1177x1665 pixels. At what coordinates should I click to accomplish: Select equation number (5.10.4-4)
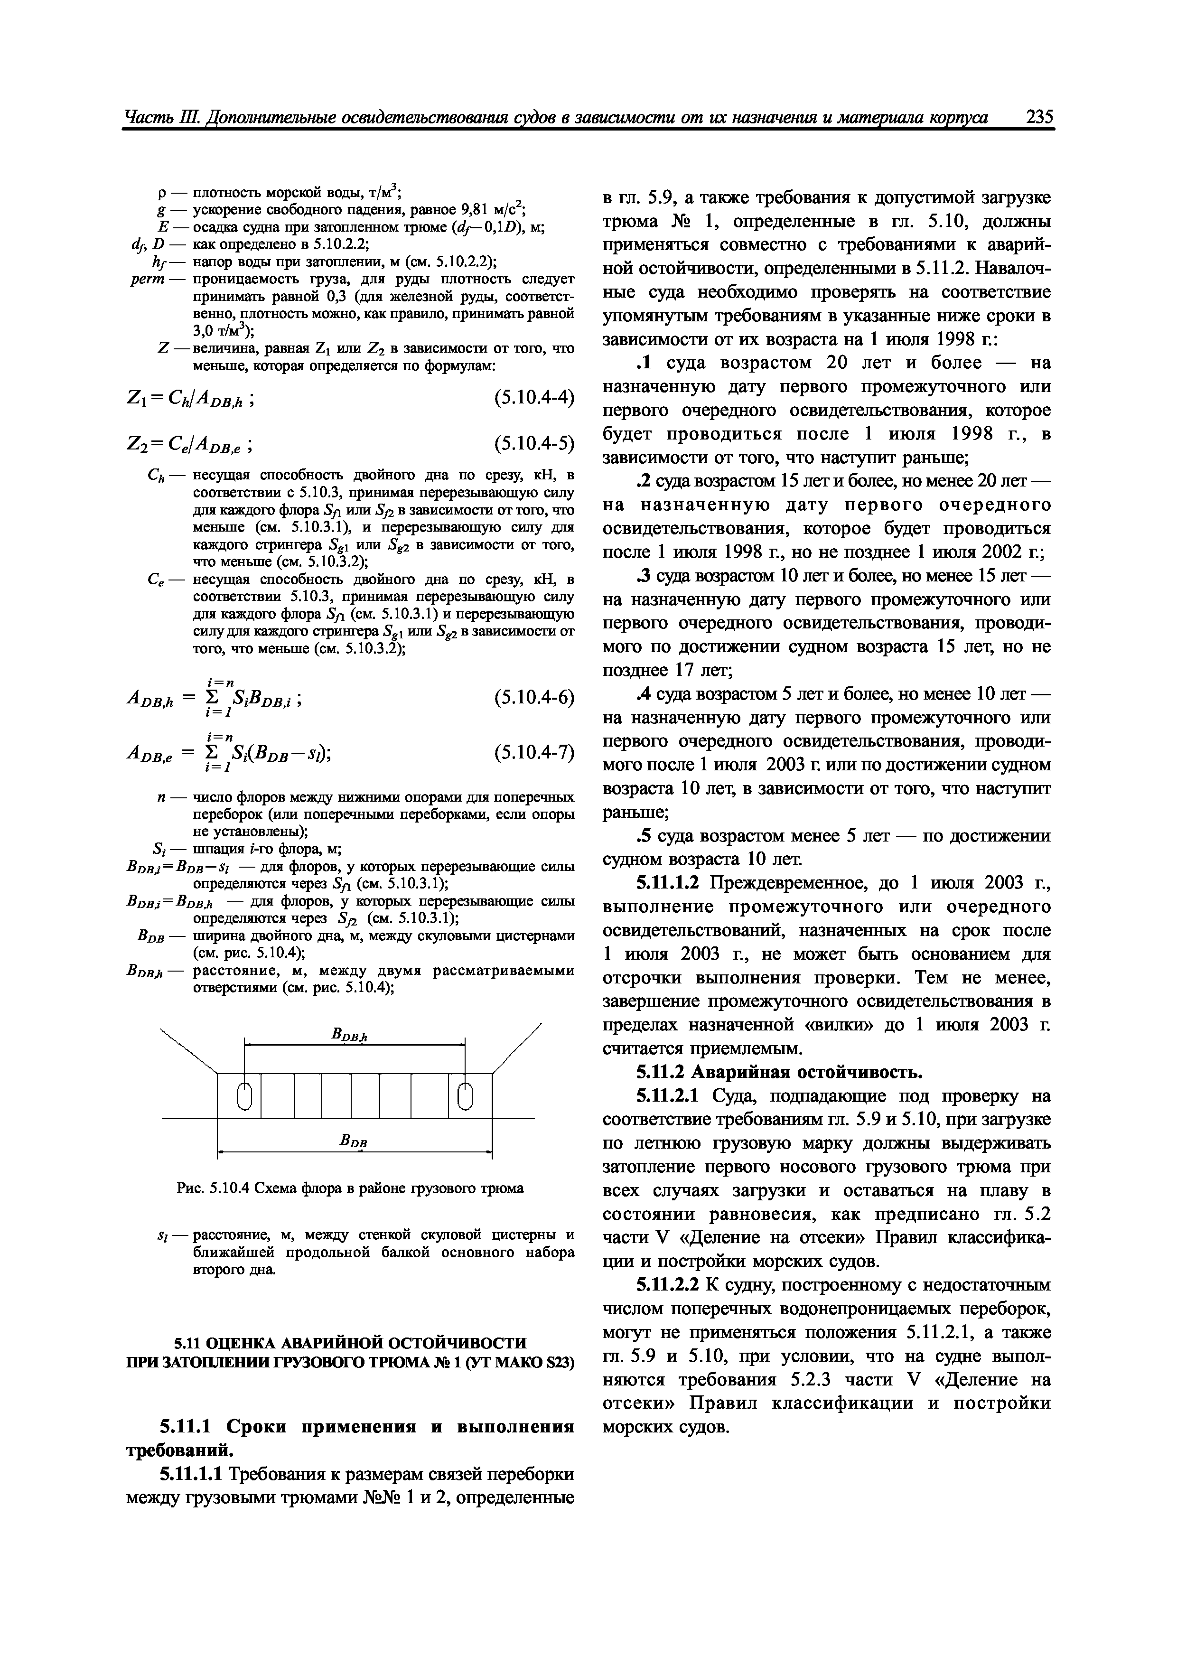click(533, 397)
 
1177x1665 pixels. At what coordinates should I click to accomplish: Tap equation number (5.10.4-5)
click(533, 443)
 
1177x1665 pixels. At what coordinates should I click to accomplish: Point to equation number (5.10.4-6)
click(533, 698)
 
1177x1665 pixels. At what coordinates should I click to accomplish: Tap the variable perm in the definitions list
click(165, 279)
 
